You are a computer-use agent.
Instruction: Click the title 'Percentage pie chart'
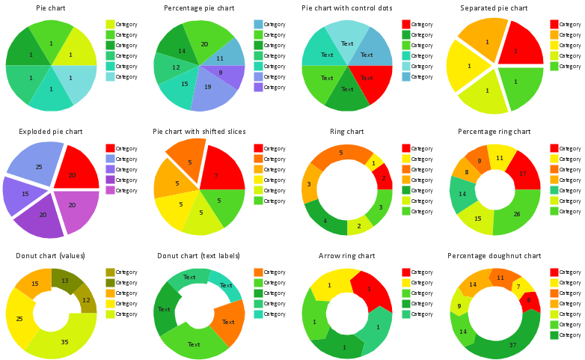click(199, 8)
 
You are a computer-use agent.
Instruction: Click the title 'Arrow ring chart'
click(347, 256)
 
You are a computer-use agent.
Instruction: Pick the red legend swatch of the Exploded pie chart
click(110, 148)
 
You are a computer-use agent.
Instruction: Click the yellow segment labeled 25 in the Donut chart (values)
click(19, 318)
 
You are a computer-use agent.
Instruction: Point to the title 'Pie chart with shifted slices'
click(199, 132)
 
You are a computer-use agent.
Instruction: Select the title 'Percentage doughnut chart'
click(494, 256)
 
